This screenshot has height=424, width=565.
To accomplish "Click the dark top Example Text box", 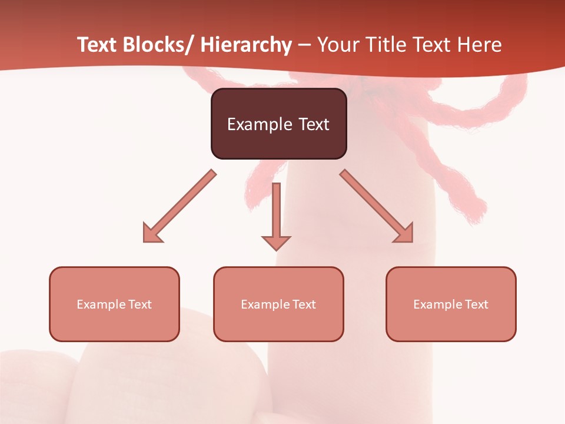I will pos(278,124).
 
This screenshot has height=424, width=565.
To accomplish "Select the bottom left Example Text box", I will pos(114,304).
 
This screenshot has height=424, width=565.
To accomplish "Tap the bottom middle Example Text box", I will pos(278,304).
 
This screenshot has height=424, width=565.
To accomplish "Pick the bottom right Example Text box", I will pos(451,304).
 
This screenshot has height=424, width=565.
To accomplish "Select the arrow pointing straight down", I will pos(276,215).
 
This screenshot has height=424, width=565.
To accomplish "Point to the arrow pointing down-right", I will pos(377,206).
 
